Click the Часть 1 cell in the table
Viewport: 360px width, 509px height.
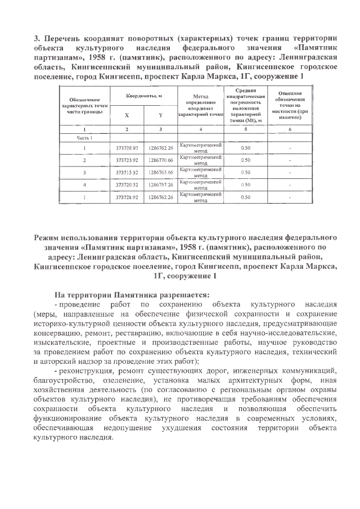(84, 137)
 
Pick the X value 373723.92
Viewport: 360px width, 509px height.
(127, 160)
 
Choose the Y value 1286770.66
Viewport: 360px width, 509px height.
(160, 160)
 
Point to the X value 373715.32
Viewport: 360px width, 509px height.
(127, 173)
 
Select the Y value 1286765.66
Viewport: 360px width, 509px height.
(160, 173)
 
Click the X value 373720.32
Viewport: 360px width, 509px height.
(127, 185)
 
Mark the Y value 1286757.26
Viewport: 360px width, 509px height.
(160, 185)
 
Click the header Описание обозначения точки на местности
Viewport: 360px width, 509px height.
(289, 105)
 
